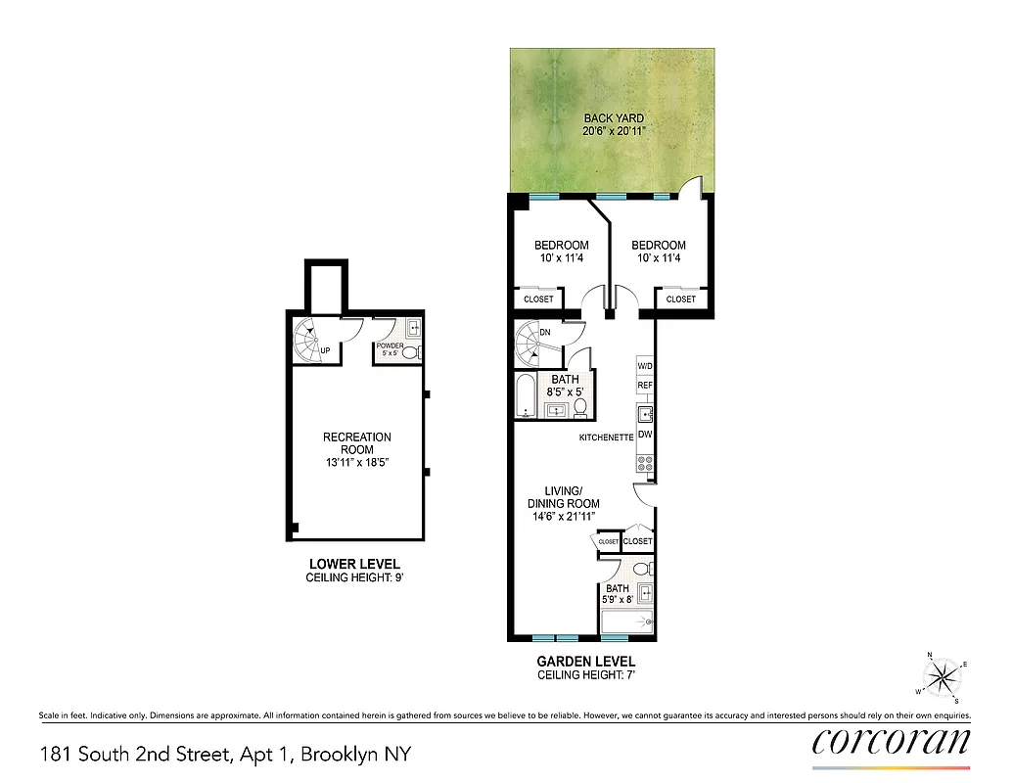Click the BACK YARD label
(x=614, y=118)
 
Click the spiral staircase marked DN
(x=534, y=343)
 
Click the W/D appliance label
(x=645, y=366)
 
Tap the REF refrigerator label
(x=645, y=386)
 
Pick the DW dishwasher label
(x=645, y=434)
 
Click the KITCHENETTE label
(x=605, y=438)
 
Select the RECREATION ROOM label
(x=357, y=443)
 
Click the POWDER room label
(x=390, y=346)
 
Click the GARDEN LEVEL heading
(x=586, y=662)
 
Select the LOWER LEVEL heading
(x=354, y=565)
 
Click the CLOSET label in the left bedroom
(x=538, y=299)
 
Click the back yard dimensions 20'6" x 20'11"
(x=614, y=131)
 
